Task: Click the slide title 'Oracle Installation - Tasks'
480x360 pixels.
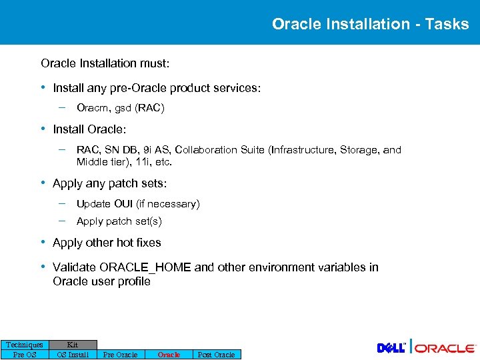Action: point(370,24)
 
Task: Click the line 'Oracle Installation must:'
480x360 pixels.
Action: point(105,63)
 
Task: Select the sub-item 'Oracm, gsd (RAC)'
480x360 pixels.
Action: point(120,107)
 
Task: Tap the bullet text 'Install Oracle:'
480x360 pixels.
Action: point(89,129)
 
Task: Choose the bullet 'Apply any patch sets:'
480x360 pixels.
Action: point(109,183)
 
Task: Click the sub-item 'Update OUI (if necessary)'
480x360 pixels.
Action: point(138,204)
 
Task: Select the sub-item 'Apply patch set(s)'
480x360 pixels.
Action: point(119,221)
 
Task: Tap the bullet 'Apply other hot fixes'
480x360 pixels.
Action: point(107,243)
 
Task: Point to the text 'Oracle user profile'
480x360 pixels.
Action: point(101,281)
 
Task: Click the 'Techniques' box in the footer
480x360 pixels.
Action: point(25,345)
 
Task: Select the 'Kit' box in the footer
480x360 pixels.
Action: point(73,345)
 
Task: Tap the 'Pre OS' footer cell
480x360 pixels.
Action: point(25,355)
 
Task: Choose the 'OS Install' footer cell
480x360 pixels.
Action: point(73,355)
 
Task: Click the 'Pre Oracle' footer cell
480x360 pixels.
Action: point(120,355)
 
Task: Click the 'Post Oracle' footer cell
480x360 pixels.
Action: point(216,355)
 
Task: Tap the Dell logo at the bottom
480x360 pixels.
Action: point(391,348)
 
